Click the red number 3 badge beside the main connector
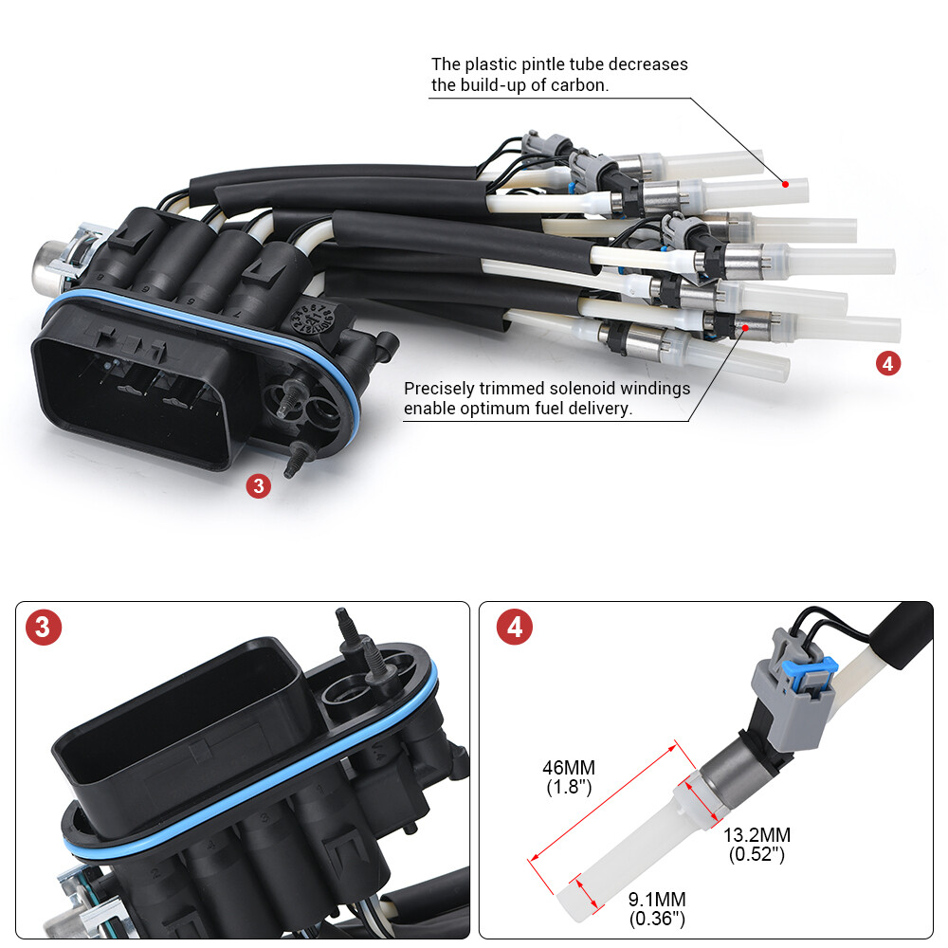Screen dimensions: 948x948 click(x=259, y=486)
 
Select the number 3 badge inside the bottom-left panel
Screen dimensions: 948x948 click(x=44, y=628)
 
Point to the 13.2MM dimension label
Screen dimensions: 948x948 click(x=757, y=835)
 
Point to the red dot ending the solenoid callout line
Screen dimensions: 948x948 click(x=745, y=327)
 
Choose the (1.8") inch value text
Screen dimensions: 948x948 click(x=569, y=788)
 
